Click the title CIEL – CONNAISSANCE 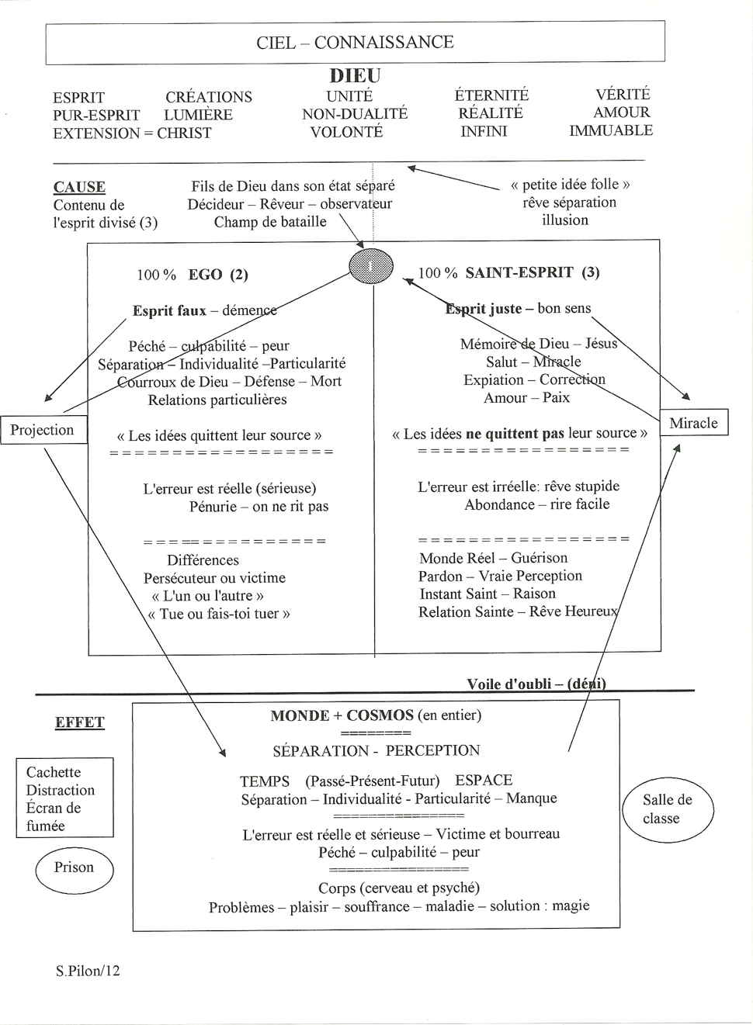tap(355, 42)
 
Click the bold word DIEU tap(355, 76)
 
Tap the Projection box tap(43, 430)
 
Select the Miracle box tap(693, 423)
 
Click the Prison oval tap(74, 868)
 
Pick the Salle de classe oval tap(667, 809)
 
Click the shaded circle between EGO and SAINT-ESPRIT tap(371, 266)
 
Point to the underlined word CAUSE tap(79, 187)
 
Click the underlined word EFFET tap(79, 722)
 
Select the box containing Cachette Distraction tap(64, 798)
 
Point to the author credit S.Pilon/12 tap(88, 971)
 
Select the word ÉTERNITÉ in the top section tap(491, 95)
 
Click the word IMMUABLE tap(611, 130)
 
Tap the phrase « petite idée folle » tap(570, 185)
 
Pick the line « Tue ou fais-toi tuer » tap(219, 614)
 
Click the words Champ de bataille tap(270, 222)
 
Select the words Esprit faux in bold tap(169, 311)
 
